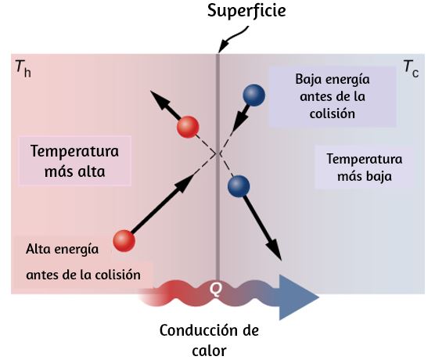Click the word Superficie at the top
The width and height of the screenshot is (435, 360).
coord(246,12)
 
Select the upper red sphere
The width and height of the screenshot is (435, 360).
coord(188,127)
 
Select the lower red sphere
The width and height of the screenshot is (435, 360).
coord(124,240)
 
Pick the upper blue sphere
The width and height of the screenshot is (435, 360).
coord(253,95)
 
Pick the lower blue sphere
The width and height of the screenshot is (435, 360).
coord(239,186)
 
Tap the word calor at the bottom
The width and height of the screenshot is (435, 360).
coord(209,351)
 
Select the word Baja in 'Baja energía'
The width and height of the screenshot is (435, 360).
coord(308,79)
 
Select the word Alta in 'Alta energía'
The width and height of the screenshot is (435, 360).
coord(38,249)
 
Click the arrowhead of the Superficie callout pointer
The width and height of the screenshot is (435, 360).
coord(222,47)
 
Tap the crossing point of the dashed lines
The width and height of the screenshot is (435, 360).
coord(218,153)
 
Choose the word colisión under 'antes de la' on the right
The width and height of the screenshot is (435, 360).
coord(332,113)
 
